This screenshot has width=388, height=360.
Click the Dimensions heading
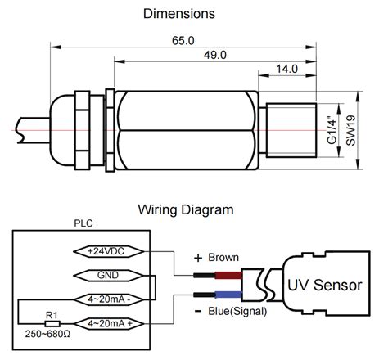pos(179,14)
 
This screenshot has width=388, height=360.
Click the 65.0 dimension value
pos(183,38)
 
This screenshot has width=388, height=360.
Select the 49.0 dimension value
pos(215,56)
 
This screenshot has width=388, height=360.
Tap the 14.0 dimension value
pos(286,70)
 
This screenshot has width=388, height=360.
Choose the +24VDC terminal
pos(110,250)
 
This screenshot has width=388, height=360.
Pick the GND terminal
pos(110,275)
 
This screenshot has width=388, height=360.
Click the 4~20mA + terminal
pos(110,323)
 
